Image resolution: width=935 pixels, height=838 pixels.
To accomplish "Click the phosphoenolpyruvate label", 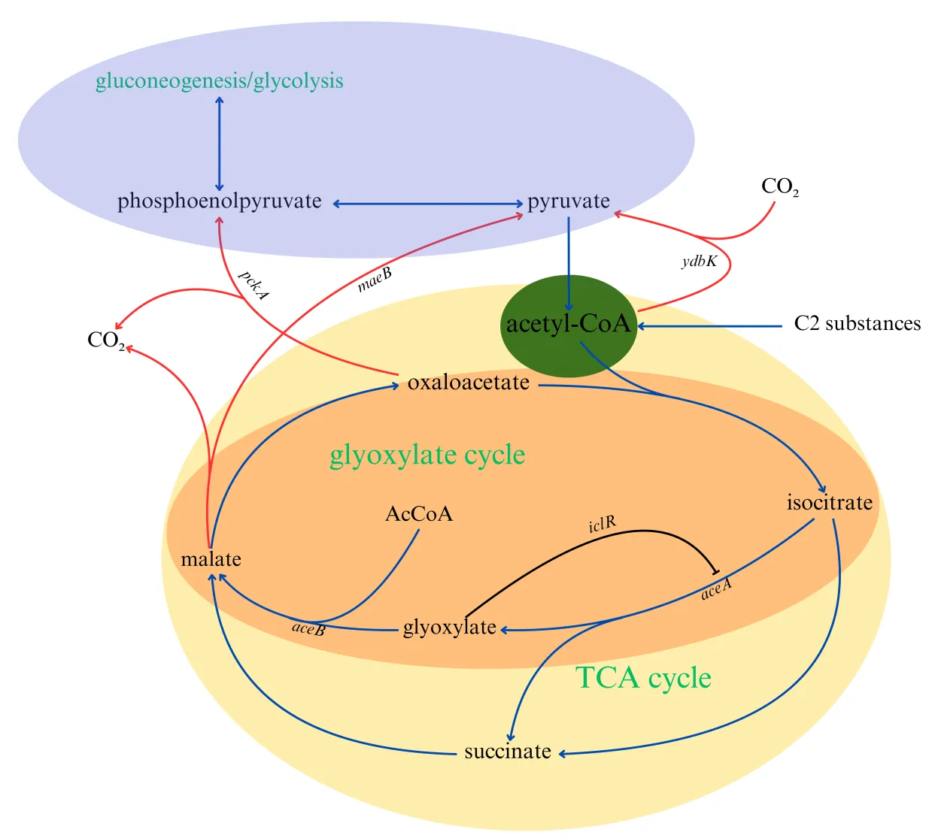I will point(219,201).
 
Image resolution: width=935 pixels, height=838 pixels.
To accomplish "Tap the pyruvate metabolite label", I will point(568,201).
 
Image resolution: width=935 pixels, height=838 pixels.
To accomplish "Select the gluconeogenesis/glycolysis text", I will point(219,80).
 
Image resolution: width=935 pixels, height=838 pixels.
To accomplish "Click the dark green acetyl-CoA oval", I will point(568,325).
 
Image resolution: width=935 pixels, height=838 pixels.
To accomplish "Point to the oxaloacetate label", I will point(468,383).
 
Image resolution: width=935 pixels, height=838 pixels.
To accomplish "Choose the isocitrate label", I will point(829,502).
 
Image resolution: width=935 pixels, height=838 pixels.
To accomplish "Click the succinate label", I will point(508,752).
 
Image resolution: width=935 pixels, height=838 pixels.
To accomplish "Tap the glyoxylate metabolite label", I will point(449,627).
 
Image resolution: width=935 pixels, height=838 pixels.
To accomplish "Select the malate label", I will point(211,559).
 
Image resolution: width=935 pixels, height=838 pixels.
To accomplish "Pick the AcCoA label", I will point(419,514).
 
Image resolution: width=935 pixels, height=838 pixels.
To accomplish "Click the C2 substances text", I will point(857,324).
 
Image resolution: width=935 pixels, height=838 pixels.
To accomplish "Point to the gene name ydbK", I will point(699,262).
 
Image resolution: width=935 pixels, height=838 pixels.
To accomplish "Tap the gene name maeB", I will point(375,280).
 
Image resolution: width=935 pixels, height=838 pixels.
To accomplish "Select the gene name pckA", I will point(253,285).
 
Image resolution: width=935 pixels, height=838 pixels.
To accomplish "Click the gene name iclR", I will point(602,524).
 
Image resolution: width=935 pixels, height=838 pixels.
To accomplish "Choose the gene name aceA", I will point(716,589).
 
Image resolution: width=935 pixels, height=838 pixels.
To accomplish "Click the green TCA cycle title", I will point(643,678).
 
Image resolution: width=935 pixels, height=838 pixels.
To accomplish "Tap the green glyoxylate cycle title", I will point(427,455).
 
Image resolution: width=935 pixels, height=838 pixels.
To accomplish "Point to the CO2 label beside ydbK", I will point(779,186).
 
